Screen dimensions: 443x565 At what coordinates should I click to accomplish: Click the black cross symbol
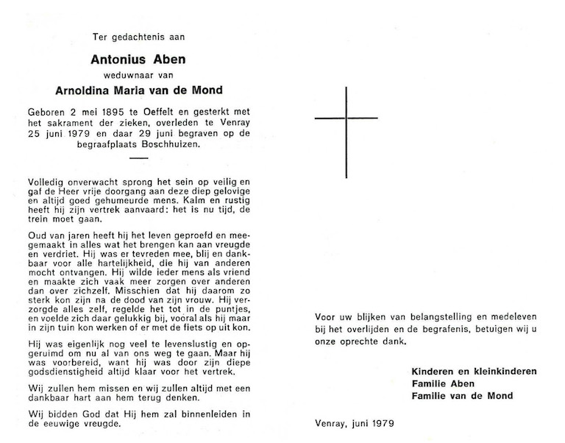(x=346, y=118)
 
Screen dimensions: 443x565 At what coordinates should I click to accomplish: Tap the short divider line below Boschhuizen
(x=138, y=157)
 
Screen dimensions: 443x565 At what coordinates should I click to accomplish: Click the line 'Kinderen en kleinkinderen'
(x=474, y=371)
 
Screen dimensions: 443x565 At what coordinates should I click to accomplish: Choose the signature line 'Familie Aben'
(x=444, y=383)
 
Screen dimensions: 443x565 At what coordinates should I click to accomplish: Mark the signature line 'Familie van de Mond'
(x=462, y=396)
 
